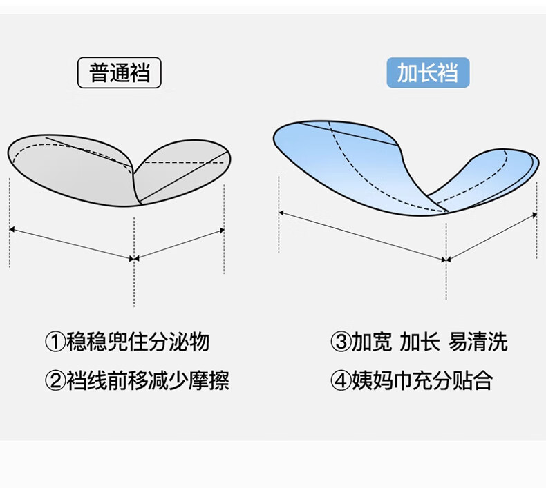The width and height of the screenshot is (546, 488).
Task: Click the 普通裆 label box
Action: pyautogui.click(x=119, y=72)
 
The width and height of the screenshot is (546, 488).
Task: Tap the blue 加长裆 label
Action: pyautogui.click(x=427, y=72)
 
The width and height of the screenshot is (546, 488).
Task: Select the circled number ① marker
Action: pyautogui.click(x=55, y=342)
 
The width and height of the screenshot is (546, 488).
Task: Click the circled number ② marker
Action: pyautogui.click(x=55, y=380)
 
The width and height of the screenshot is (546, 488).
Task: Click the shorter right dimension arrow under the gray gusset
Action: pyautogui.click(x=180, y=244)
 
